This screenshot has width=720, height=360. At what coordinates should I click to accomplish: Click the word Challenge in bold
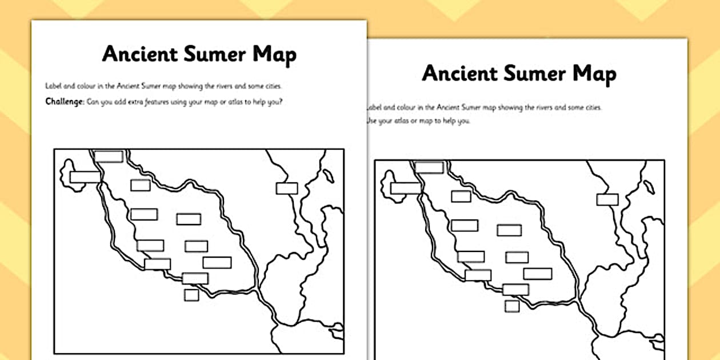64,102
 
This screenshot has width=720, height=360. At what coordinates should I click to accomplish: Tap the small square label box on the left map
191,295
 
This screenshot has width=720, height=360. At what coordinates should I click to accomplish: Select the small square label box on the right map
512,306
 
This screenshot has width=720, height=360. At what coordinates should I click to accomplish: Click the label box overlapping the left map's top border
109,156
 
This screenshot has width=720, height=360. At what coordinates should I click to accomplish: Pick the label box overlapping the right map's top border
429,167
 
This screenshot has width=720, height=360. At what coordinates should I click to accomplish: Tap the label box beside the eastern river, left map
287,188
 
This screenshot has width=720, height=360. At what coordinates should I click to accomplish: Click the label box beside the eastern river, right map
607,199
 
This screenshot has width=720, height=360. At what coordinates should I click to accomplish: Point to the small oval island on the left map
328,176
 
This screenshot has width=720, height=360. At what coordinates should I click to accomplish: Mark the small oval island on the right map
650,187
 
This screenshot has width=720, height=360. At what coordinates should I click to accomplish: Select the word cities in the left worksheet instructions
273,86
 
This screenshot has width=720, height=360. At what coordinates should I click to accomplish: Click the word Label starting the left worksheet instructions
53,86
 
